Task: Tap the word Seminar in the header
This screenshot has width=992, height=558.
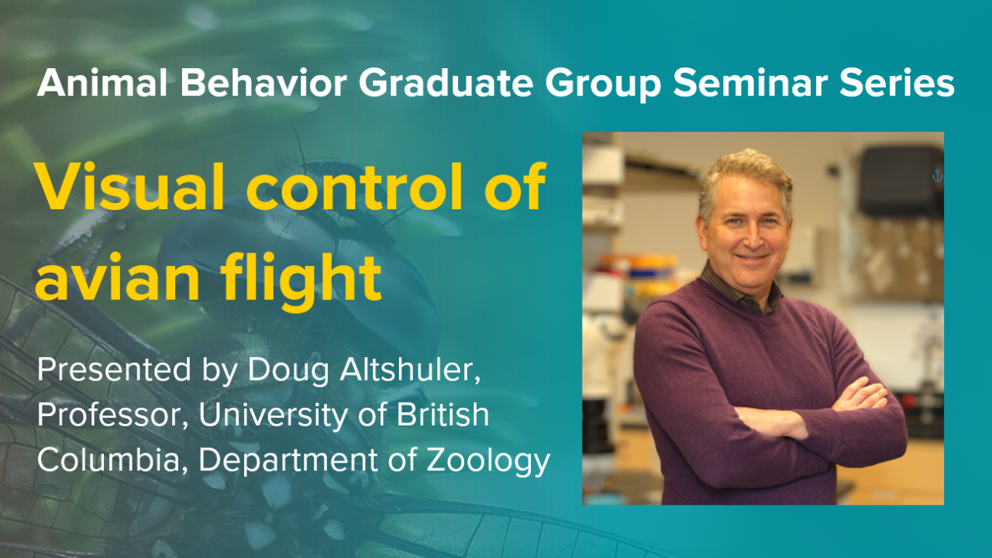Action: point(765,83)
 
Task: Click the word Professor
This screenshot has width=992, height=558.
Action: point(111,416)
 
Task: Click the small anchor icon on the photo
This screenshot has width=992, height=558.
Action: point(936,177)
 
